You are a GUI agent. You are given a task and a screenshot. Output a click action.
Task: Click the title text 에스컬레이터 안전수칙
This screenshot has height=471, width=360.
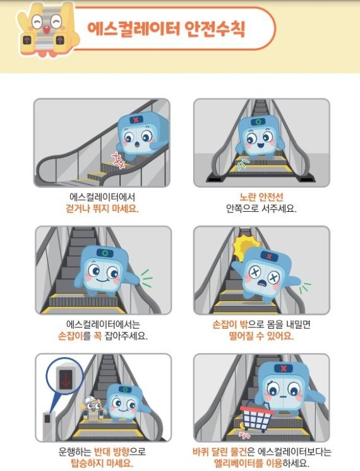click(166, 29)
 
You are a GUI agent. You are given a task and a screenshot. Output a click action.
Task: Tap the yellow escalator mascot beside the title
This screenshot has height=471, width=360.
click(48, 30)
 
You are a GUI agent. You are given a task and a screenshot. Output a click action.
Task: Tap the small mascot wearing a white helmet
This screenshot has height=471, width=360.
click(93, 408)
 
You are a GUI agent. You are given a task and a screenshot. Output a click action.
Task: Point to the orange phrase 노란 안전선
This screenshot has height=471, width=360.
click(261, 197)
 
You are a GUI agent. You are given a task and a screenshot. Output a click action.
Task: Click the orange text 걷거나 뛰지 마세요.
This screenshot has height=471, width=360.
click(102, 208)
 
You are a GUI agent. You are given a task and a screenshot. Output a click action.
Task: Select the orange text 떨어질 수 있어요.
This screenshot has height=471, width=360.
click(261, 336)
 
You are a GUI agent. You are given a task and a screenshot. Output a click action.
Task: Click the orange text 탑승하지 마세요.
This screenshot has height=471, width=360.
click(102, 463)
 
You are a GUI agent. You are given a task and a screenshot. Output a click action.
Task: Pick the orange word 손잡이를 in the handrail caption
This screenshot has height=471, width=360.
click(74, 336)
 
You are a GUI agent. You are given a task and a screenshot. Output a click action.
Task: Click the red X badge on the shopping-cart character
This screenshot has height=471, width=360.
click(284, 369)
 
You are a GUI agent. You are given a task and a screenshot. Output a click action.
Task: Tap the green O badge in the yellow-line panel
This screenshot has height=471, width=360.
click(258, 122)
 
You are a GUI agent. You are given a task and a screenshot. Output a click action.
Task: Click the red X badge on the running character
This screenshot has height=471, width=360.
click(136, 120)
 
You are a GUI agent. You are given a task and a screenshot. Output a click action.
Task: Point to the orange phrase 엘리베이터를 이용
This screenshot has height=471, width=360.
click(248, 463)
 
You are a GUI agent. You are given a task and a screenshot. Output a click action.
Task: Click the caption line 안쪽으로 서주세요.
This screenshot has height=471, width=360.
click(261, 208)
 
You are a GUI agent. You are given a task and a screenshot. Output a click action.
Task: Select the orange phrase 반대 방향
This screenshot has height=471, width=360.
click(112, 451)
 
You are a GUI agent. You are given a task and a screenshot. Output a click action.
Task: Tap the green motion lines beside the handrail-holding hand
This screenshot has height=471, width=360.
click(147, 278)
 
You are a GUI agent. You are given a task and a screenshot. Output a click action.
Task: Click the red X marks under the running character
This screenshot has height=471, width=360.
click(118, 160)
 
